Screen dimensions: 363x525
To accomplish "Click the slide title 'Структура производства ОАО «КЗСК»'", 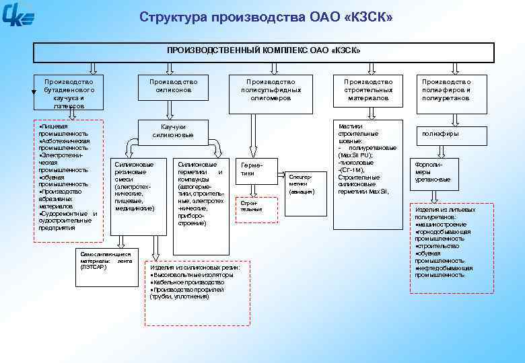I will tap(266, 16).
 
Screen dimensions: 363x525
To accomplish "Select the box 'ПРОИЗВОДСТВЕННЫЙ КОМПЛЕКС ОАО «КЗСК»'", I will tap(264, 51).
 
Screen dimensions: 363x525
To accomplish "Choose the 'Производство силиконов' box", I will tap(173, 85).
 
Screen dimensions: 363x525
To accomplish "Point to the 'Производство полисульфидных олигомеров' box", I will tap(271, 89).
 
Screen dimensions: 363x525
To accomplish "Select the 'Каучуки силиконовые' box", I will tap(173, 131).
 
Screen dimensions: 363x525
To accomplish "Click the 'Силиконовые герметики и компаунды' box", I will tap(200, 193).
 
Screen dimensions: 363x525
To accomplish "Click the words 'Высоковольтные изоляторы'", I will tap(194, 275).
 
